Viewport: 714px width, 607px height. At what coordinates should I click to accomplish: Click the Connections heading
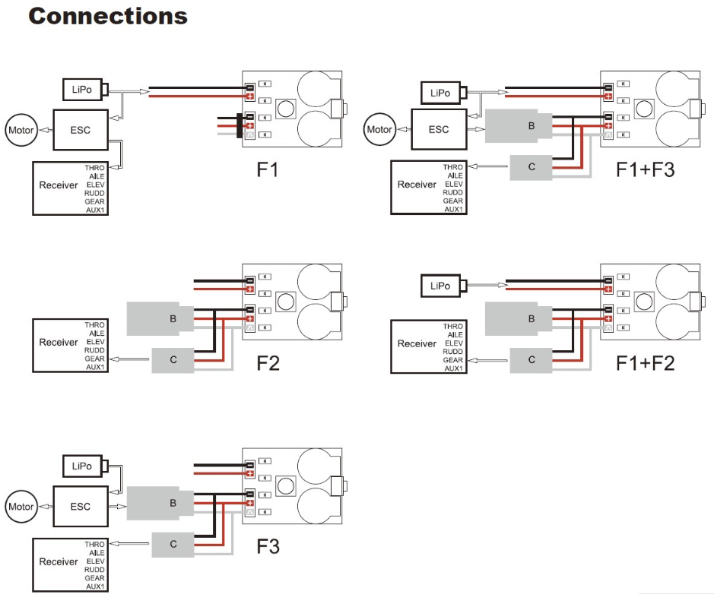tap(108, 17)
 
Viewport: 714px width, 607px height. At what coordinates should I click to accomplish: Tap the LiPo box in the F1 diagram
tap(82, 90)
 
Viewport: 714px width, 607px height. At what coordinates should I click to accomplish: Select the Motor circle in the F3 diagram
tap(21, 507)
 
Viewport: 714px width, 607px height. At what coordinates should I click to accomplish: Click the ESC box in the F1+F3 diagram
tap(439, 129)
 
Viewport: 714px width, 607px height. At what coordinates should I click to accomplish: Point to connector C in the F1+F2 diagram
tap(532, 359)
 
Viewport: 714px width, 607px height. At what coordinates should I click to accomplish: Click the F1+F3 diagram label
tap(646, 169)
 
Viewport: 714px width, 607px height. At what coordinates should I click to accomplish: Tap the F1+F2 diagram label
tap(646, 363)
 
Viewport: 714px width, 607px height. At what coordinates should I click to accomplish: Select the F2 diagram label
tap(268, 363)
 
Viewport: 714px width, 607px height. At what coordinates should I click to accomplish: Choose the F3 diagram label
tap(268, 546)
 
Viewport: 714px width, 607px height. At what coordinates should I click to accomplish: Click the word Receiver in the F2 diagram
tap(59, 343)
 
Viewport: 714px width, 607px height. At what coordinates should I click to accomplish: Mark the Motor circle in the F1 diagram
tap(21, 130)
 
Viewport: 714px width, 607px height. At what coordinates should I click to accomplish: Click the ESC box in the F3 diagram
tap(80, 507)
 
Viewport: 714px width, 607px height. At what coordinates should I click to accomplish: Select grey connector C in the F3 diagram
tap(173, 544)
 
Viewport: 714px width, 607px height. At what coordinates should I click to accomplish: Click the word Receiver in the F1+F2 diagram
tap(417, 343)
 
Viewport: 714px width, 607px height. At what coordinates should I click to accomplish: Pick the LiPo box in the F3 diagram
tap(82, 465)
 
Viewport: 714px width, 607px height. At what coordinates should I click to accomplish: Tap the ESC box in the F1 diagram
tap(80, 130)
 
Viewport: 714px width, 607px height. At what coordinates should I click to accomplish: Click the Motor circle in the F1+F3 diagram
tap(379, 129)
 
